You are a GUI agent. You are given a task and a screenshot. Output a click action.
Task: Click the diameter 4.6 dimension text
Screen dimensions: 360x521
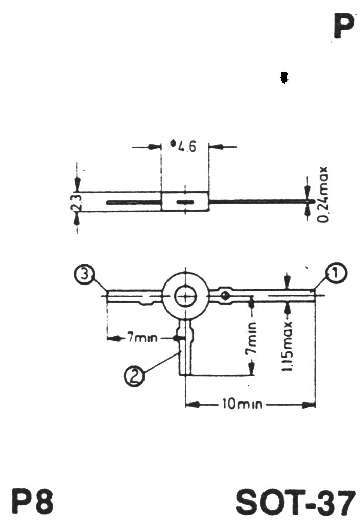point(183,146)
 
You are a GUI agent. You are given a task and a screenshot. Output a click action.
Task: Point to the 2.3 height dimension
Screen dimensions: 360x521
point(76,202)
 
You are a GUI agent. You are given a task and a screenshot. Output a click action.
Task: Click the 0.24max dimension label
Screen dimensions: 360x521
point(322,195)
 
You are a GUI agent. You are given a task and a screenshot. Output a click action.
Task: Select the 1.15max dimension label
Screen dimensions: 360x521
point(286,347)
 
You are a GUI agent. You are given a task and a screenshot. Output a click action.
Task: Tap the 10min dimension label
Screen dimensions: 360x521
point(242,404)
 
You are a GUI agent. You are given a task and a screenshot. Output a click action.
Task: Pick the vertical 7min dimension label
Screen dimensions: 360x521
point(251,338)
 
